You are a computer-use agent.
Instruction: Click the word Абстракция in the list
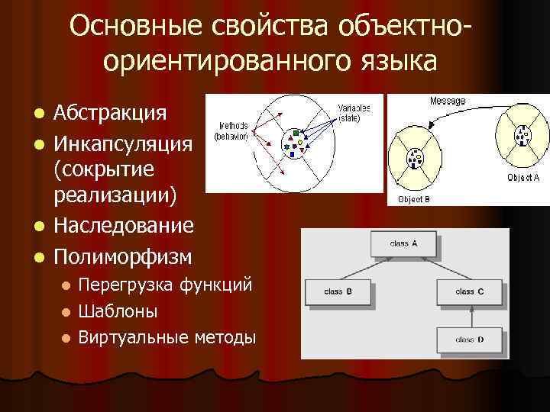(110, 114)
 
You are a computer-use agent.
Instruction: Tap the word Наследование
(123, 226)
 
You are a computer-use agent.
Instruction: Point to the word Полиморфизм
(122, 254)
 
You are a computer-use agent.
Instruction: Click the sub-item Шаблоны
(118, 311)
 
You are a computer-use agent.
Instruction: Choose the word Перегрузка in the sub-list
(127, 286)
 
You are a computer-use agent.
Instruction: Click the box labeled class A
(404, 244)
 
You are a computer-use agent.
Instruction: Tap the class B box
(338, 291)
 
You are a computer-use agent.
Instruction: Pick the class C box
(470, 291)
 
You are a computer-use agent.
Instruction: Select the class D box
(470, 338)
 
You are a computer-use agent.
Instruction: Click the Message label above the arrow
(447, 101)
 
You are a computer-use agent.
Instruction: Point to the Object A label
(523, 177)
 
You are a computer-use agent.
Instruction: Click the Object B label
(413, 200)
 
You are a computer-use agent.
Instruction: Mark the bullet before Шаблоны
(66, 312)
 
